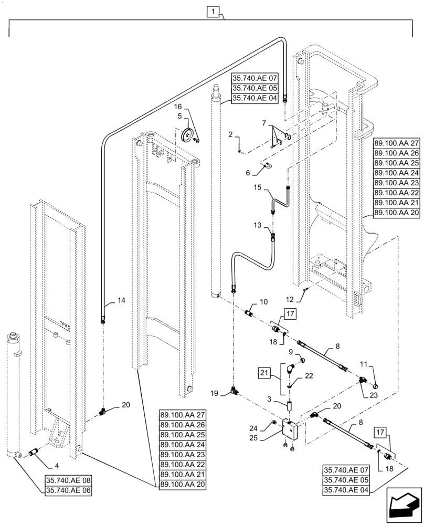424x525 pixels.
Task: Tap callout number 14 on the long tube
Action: [x=121, y=301]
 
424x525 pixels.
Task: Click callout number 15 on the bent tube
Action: [x=257, y=187]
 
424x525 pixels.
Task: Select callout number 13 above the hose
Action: [x=257, y=210]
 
